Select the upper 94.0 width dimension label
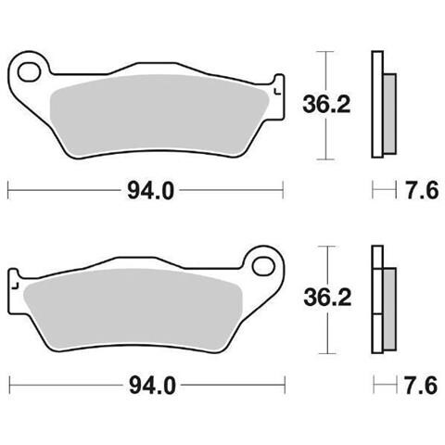[x=148, y=192]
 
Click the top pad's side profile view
[x=378, y=102]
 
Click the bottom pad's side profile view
[x=378, y=299]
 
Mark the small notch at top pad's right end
[x=275, y=92]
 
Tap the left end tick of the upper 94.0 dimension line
[x=8, y=192]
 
